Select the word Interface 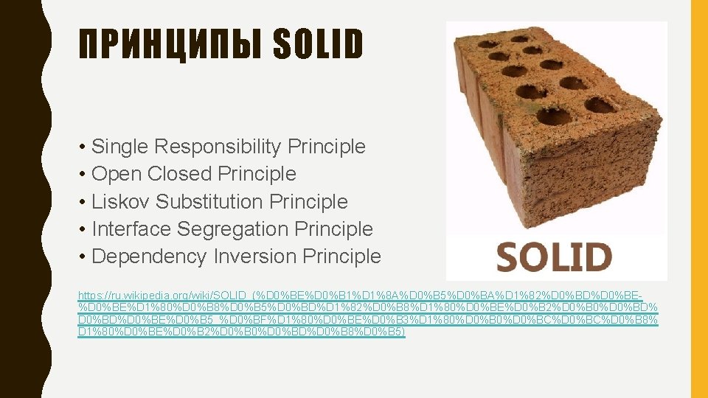tap(131, 229)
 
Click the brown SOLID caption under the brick tap(554, 256)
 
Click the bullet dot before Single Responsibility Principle tap(83, 147)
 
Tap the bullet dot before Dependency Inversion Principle tap(83, 257)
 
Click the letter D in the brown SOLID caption tap(599, 256)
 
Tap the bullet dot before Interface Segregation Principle tap(83, 230)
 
